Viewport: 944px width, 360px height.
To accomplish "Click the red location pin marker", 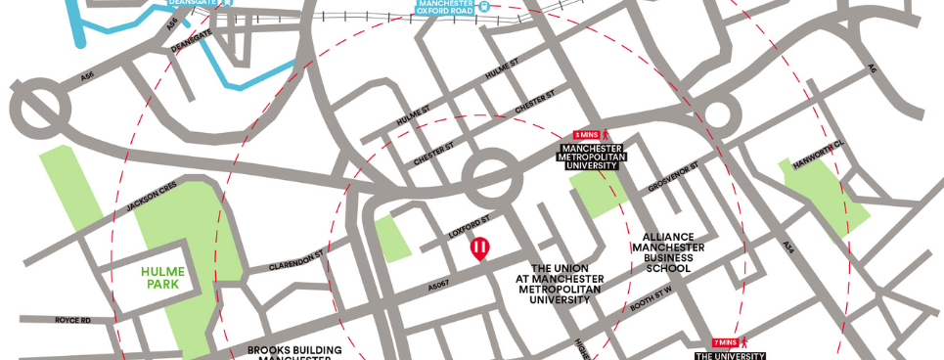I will click(x=479, y=249).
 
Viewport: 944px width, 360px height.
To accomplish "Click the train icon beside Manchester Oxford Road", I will click(x=486, y=5).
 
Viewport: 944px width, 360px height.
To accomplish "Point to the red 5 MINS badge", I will click(x=586, y=133).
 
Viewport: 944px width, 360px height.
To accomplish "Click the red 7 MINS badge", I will click(x=725, y=342).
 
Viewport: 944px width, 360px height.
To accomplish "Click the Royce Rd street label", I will click(x=72, y=319).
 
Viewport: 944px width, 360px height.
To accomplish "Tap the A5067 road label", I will click(x=441, y=281).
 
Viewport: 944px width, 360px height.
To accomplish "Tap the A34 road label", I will click(x=788, y=250).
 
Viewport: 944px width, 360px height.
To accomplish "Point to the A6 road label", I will click(x=872, y=68).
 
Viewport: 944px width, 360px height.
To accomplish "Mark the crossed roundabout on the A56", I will click(x=41, y=103).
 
